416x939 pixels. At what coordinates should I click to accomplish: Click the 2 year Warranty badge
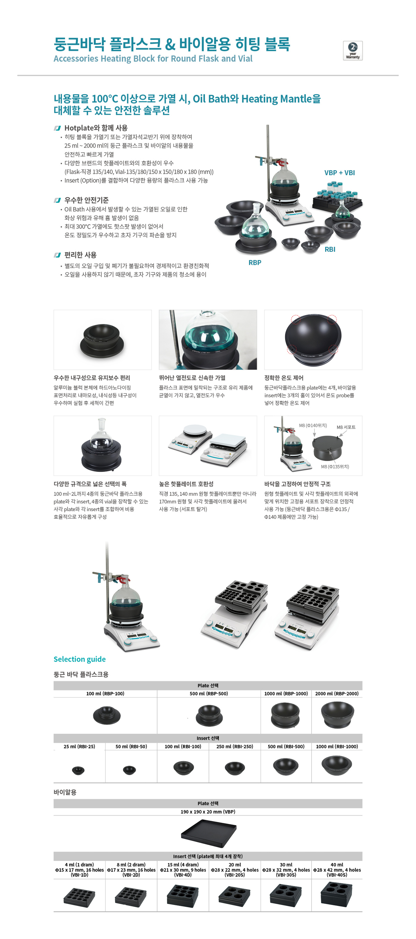coord(352,51)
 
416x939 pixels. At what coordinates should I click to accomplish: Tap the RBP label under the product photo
coord(255,262)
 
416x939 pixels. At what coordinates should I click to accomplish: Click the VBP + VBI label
coord(339,173)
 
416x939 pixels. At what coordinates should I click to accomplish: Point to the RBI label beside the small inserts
coord(330,249)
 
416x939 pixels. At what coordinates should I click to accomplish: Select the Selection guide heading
coord(79,659)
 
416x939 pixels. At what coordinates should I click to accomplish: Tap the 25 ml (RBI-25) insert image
coord(78,770)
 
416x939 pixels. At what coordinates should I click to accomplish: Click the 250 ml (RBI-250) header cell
coord(235,747)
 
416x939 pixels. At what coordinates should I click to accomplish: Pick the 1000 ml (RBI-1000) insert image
coord(337,766)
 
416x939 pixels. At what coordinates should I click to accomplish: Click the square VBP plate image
coord(208,833)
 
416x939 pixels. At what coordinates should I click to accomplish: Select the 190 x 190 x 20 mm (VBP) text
coord(208,812)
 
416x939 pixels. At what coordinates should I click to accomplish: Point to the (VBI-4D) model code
coord(183,875)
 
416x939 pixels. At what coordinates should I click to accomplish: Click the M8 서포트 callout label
coord(346,427)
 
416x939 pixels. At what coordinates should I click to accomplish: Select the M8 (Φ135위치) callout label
coord(335,467)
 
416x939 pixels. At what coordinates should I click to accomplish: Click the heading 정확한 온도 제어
coord(284,378)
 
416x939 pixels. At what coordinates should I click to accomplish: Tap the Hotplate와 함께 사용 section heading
coord(96,128)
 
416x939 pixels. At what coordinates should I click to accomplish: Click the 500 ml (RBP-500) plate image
coord(209,715)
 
